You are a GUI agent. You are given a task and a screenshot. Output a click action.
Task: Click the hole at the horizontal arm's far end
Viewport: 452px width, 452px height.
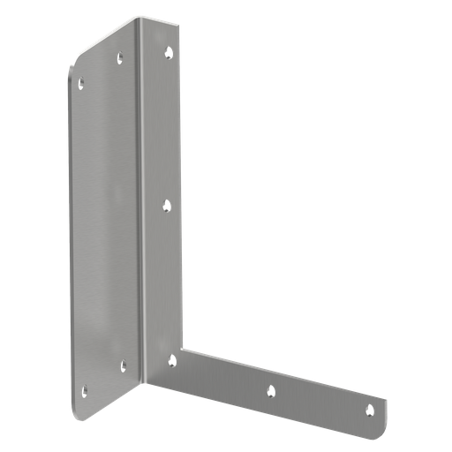371,408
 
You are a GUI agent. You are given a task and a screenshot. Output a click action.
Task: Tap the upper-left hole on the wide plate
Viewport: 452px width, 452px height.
81,85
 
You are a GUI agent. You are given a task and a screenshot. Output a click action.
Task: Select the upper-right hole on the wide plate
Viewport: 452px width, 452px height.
121,59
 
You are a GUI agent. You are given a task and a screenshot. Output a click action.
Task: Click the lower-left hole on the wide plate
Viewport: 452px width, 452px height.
84,389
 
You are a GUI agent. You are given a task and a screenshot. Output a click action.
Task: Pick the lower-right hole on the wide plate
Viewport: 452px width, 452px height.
123,363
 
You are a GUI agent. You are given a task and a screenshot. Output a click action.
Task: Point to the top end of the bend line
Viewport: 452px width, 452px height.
137,19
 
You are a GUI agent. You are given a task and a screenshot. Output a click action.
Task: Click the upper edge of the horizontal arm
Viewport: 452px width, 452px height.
282,375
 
